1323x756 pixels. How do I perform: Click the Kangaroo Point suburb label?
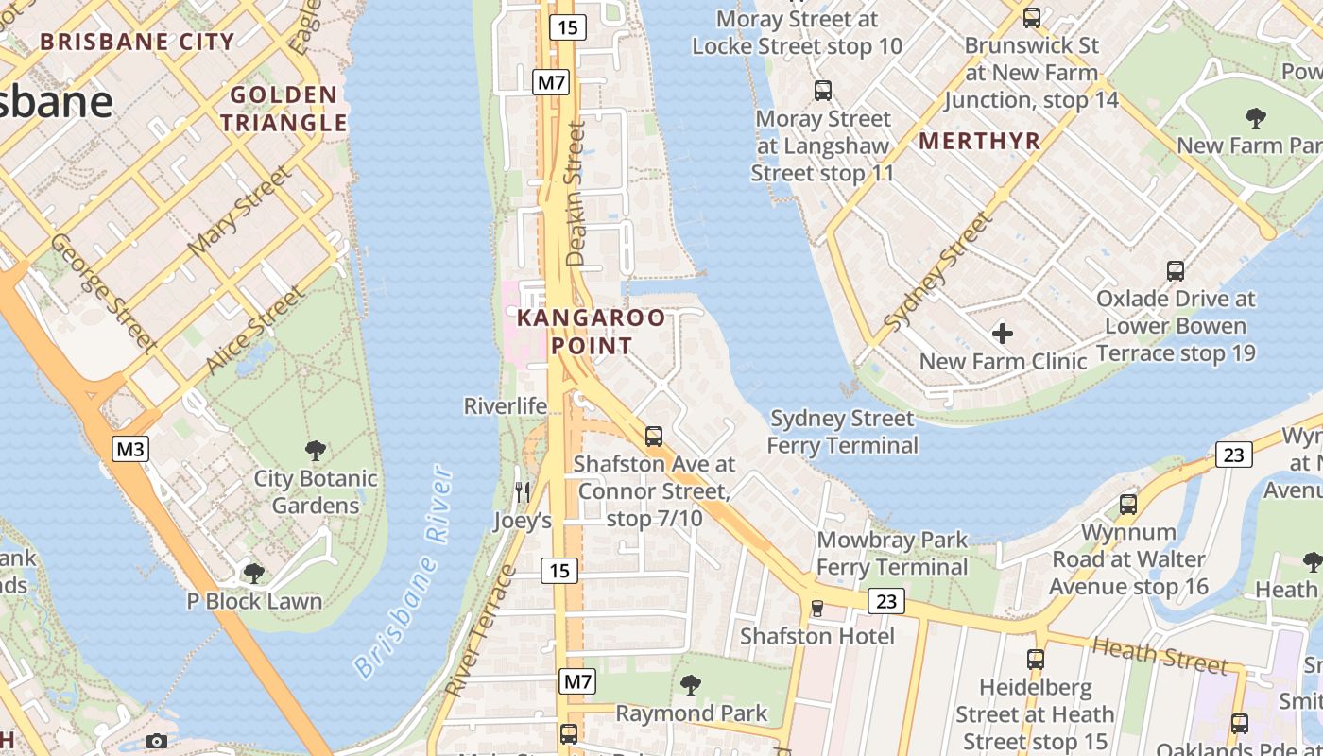click(591, 332)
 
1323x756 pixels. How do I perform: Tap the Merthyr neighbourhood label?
click(979, 142)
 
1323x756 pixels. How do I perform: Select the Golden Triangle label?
click(290, 109)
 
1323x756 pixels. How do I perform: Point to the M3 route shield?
click(130, 448)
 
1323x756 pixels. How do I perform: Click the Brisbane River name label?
click(403, 572)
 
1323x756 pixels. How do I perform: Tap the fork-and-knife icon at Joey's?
click(522, 491)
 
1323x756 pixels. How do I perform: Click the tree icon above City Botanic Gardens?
click(316, 451)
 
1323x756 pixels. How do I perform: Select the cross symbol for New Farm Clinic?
click(1003, 333)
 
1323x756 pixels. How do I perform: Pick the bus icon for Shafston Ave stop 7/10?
click(653, 437)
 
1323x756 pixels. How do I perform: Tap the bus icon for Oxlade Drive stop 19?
click(1176, 271)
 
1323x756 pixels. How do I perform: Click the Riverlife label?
click(505, 406)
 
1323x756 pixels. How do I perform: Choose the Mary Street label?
click(241, 210)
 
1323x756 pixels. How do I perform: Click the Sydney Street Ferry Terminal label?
click(842, 432)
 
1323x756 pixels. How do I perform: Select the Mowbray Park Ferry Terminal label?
click(892, 554)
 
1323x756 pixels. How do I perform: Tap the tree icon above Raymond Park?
click(691, 684)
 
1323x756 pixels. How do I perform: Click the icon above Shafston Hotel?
click(817, 608)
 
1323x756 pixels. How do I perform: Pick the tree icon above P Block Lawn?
click(253, 573)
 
